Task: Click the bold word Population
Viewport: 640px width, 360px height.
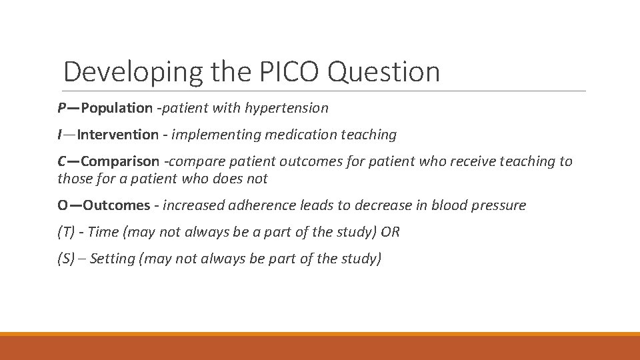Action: tap(117, 107)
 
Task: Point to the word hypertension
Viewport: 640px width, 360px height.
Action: tap(287, 107)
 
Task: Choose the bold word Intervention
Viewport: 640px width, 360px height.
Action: tap(118, 135)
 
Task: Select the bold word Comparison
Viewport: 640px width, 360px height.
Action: tap(120, 161)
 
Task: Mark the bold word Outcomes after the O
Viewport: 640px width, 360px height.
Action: tap(117, 205)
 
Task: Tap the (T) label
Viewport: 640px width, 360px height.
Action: tap(67, 232)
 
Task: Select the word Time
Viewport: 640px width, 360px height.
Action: tap(103, 232)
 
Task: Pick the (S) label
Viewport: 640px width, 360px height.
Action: tap(66, 259)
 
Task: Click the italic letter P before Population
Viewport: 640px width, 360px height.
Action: tap(61, 107)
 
